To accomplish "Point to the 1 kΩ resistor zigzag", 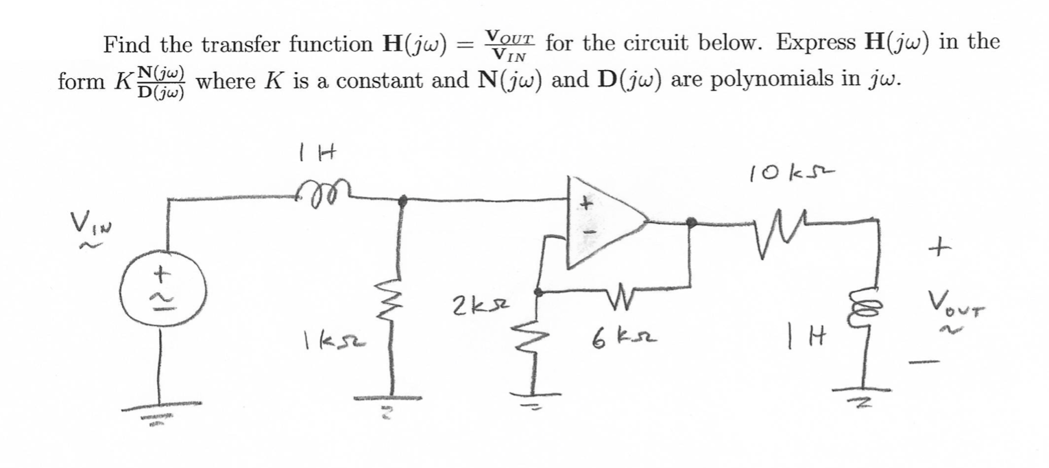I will click(x=401, y=318).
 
